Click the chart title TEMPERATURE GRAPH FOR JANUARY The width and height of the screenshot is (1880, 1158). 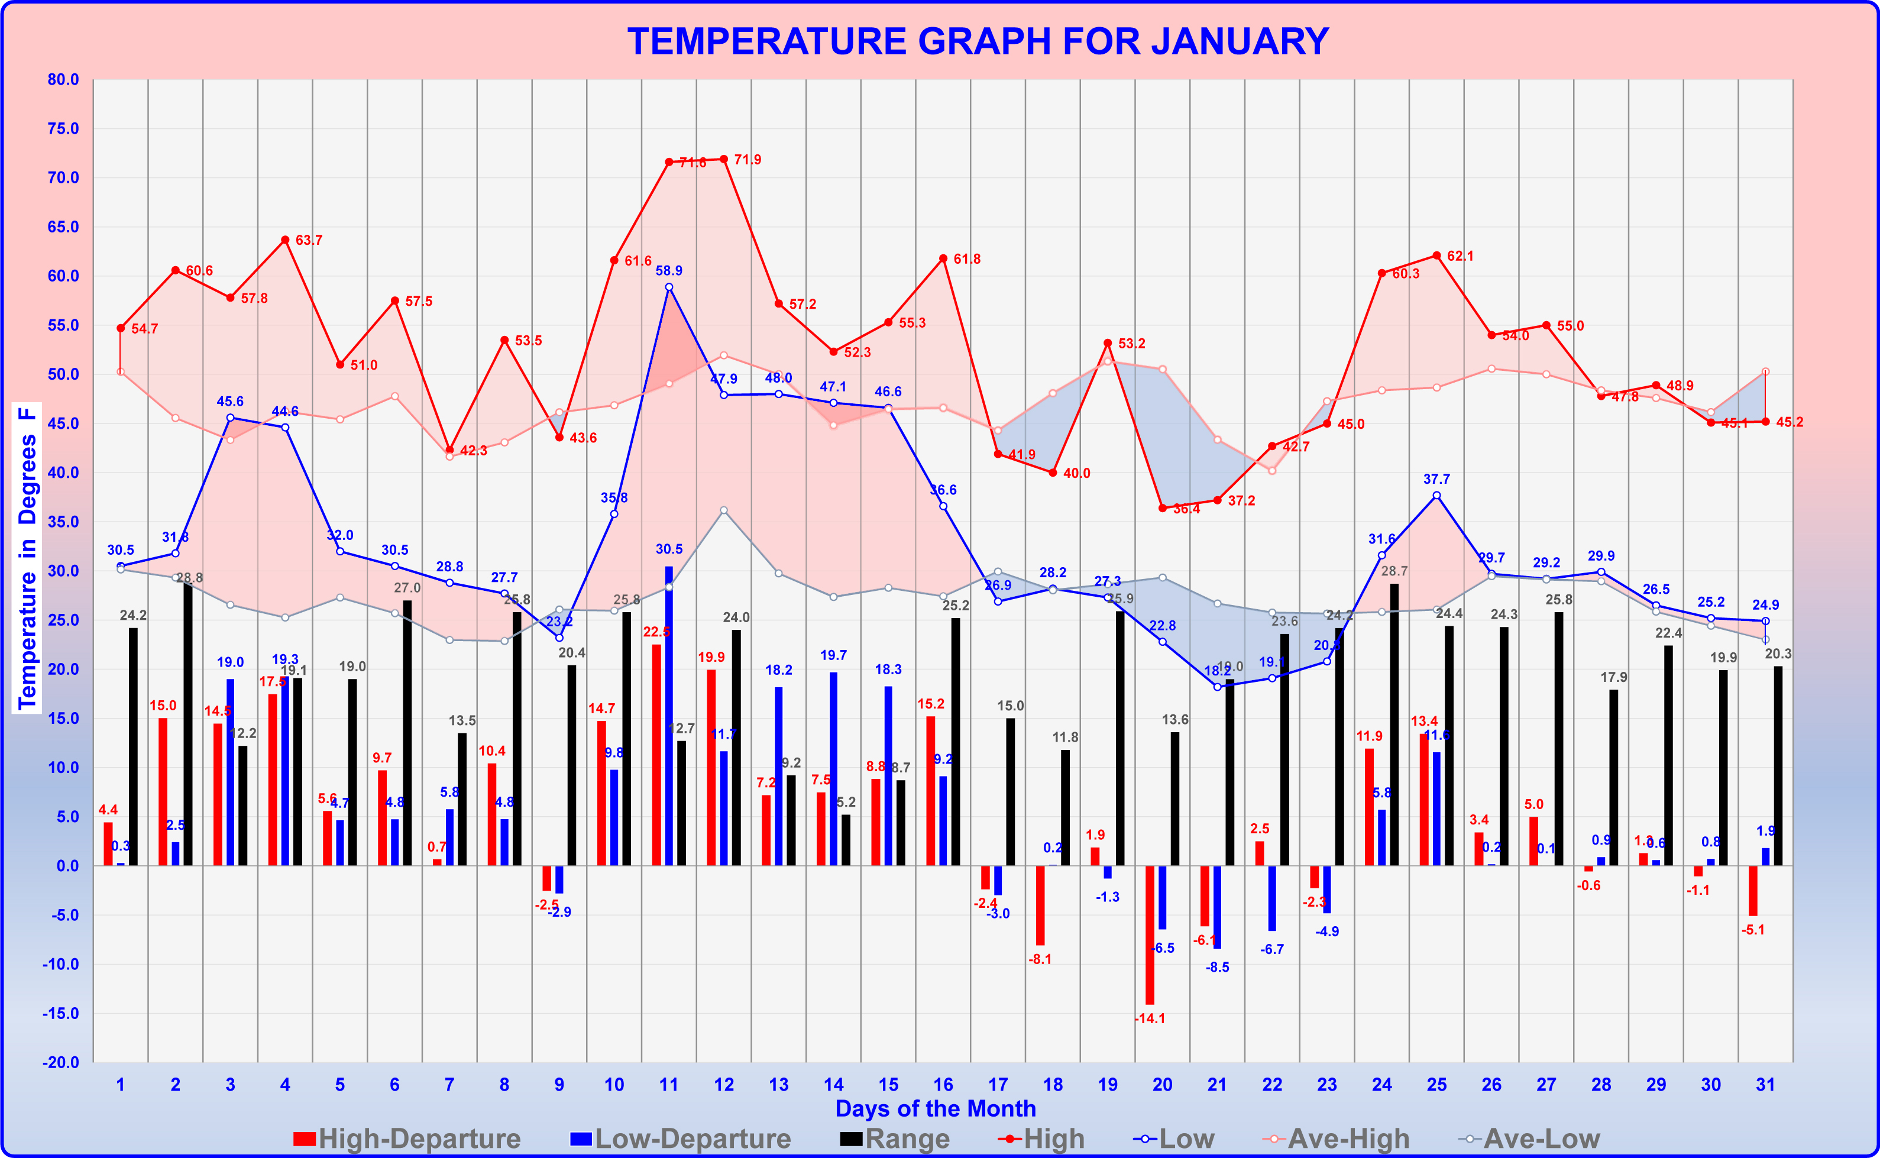pos(978,41)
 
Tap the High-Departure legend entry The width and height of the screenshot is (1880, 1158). pos(407,1139)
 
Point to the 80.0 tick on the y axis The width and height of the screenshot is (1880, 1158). pos(63,80)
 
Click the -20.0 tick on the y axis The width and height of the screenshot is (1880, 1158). pos(62,1062)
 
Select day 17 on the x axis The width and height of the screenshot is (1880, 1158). pos(998,1085)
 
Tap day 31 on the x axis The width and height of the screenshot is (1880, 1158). pos(1765,1085)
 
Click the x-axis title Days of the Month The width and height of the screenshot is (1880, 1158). pos(935,1108)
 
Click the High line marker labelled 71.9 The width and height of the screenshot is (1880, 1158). pos(724,159)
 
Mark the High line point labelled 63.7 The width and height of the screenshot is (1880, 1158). pos(285,240)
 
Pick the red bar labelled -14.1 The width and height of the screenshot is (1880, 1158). pos(1150,934)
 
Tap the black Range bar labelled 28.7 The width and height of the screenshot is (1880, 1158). pos(1394,724)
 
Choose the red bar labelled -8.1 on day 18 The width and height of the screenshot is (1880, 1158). pos(1040,905)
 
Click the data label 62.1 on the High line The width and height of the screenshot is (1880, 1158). pos(1460,256)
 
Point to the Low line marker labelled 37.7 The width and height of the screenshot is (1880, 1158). pos(1436,496)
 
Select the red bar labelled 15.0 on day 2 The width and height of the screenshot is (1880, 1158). pos(163,792)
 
